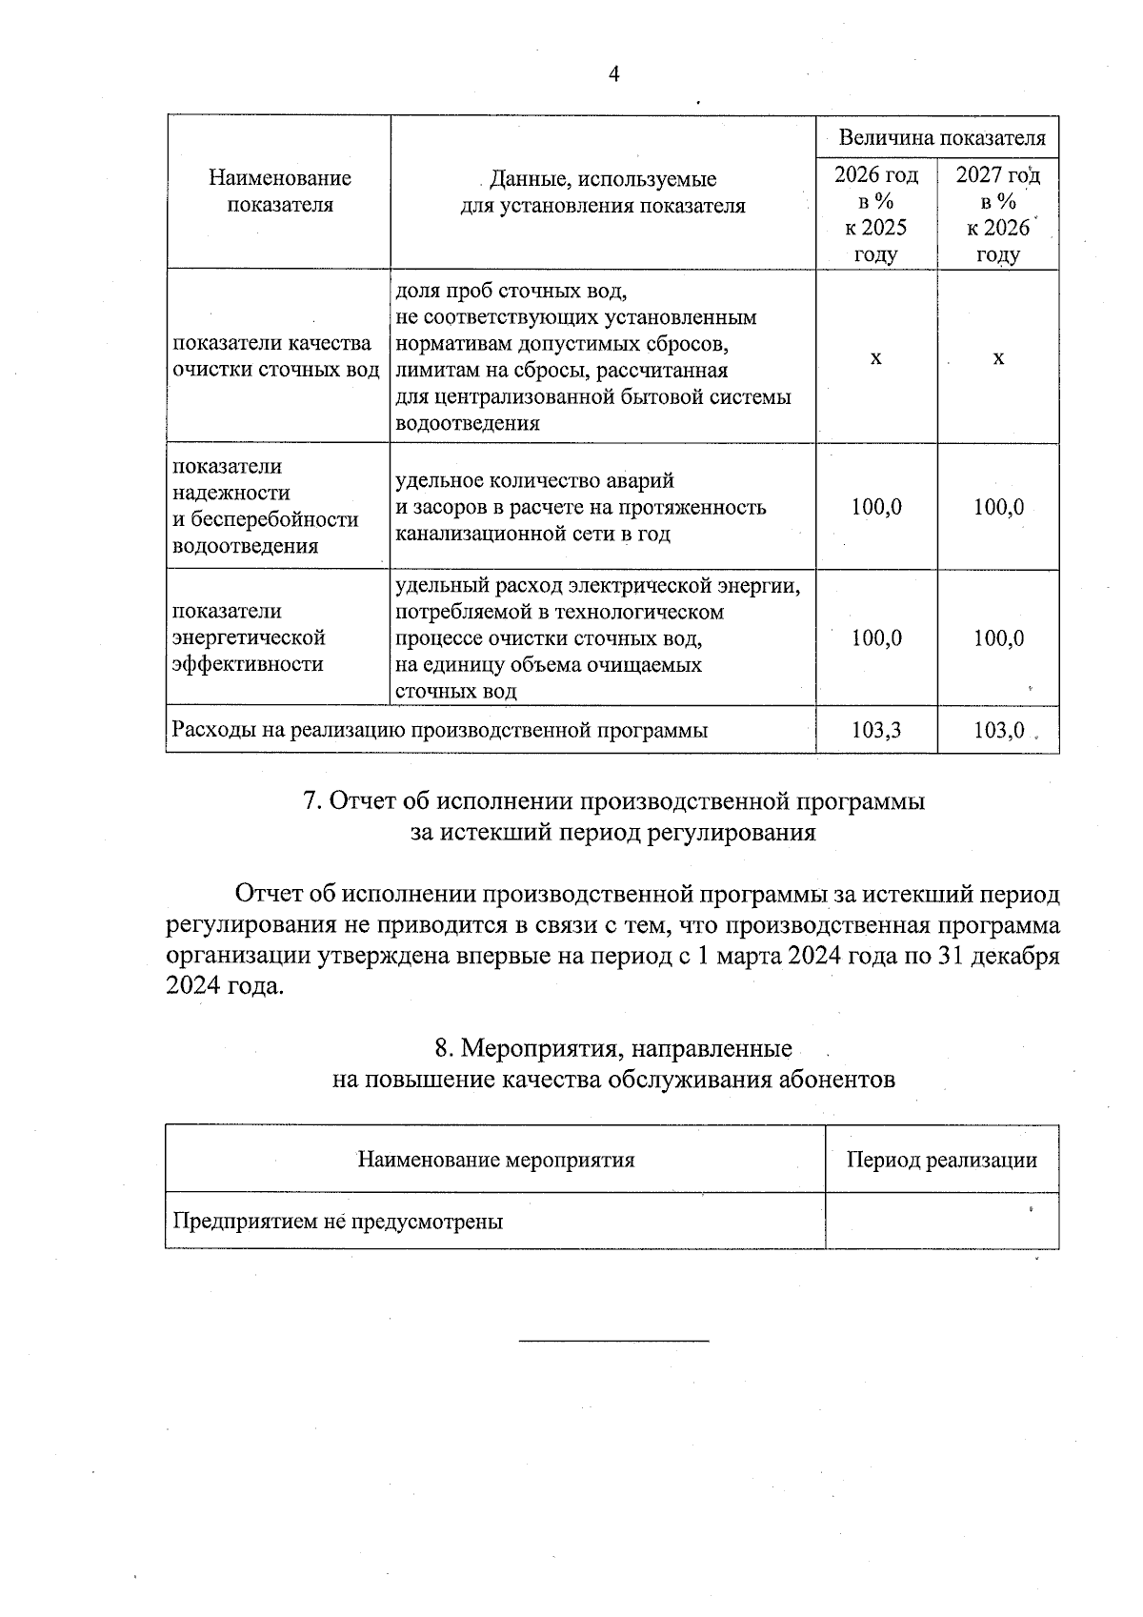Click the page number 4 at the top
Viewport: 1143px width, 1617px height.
point(614,74)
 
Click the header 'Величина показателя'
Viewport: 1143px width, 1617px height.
point(941,138)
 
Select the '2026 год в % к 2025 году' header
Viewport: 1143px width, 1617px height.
point(876,214)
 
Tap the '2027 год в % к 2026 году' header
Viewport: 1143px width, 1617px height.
point(998,214)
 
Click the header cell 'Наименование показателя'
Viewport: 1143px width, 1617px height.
point(279,192)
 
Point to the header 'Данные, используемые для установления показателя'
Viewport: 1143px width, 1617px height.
point(602,192)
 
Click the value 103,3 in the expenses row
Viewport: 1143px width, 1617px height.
point(876,731)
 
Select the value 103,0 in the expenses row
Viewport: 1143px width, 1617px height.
point(998,731)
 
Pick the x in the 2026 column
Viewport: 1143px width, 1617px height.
point(876,358)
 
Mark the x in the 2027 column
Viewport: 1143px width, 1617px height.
point(998,358)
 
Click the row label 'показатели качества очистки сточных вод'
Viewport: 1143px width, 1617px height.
point(275,356)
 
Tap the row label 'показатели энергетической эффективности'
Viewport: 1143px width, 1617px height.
point(250,637)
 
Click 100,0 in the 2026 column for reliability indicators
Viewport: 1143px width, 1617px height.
point(876,507)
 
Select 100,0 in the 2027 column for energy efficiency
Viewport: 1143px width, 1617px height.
point(998,638)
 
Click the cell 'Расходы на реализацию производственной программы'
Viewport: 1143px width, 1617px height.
point(439,731)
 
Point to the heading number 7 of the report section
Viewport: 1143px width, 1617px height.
point(310,801)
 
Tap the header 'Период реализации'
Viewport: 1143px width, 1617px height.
point(941,1160)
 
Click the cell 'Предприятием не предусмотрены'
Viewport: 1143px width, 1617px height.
point(337,1221)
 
